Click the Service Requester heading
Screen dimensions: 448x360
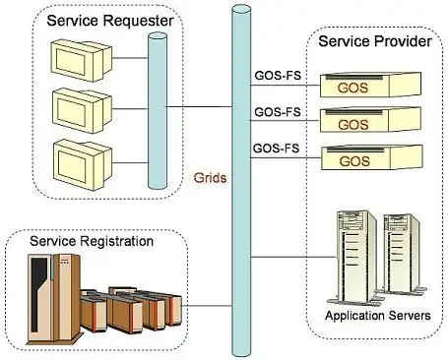point(110,21)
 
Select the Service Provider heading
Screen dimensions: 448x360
point(375,41)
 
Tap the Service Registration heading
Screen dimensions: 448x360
point(92,241)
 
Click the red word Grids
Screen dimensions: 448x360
point(210,178)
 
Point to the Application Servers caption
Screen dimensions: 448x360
point(378,316)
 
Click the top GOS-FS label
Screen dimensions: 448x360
point(278,76)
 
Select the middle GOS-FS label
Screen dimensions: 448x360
point(278,112)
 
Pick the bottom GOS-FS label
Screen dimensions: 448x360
point(277,149)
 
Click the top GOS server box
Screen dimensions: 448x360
point(370,85)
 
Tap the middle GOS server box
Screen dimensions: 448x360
point(370,120)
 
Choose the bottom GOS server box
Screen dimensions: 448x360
point(372,157)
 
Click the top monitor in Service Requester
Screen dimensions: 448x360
point(82,61)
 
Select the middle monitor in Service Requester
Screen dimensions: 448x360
point(82,111)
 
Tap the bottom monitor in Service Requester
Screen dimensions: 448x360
point(83,165)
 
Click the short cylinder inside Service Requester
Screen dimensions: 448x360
point(158,111)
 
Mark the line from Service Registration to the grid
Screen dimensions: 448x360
point(207,306)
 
